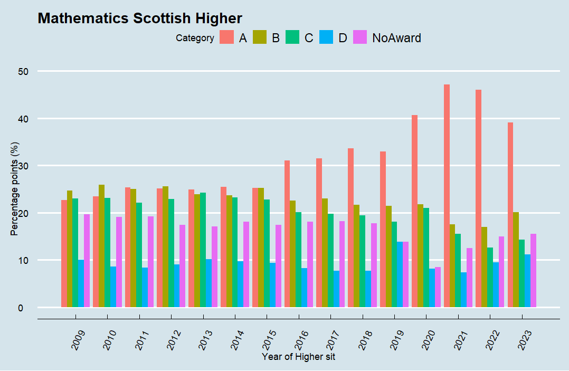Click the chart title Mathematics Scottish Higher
140,18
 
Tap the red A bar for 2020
415,211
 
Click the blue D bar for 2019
400,274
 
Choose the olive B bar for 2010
102,246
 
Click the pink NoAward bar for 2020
438,287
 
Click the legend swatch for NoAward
359,37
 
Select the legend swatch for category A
226,37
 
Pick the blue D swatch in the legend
326,37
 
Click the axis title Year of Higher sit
298,357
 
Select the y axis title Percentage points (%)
14,189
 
